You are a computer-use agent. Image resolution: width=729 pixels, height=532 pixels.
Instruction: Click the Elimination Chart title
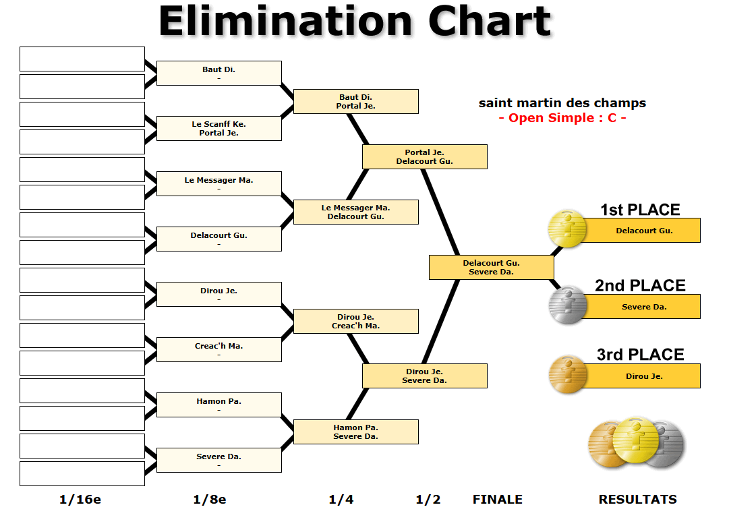click(355, 22)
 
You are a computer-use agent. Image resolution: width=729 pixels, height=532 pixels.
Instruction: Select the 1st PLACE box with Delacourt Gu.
click(643, 231)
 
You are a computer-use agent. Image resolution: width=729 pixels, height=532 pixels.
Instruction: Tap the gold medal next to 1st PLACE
click(567, 229)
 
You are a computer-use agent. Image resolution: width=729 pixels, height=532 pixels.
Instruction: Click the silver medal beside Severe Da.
click(567, 305)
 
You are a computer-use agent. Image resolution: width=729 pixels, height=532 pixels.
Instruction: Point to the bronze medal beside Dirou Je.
click(567, 374)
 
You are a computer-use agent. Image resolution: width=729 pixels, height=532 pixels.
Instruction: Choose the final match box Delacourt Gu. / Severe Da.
click(491, 267)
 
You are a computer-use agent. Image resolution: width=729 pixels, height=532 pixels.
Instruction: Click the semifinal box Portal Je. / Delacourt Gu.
click(424, 156)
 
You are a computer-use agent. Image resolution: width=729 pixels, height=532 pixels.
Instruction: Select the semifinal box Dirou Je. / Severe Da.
click(424, 376)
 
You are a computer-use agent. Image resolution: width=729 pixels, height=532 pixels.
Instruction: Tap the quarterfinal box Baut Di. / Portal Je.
click(355, 101)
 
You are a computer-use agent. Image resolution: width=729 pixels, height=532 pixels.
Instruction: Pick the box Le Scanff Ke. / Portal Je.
click(218, 128)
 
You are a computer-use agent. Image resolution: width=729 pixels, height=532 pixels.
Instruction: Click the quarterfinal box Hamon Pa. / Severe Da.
click(355, 432)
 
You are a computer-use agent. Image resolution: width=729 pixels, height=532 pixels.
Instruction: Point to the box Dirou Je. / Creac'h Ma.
click(355, 321)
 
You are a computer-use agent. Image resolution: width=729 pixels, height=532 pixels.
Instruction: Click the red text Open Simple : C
click(562, 118)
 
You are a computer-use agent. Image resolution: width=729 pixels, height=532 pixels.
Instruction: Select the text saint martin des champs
click(562, 103)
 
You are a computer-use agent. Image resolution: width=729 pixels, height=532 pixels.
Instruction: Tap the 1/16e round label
click(80, 500)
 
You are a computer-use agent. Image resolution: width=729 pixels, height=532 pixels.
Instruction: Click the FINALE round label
click(497, 500)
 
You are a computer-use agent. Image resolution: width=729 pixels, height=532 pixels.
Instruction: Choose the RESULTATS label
click(637, 500)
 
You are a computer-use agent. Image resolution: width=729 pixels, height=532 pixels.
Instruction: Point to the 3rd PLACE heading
click(640, 355)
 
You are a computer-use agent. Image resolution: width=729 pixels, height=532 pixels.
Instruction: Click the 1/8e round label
click(210, 500)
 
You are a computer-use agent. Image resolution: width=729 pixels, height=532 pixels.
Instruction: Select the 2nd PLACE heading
click(640, 285)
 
